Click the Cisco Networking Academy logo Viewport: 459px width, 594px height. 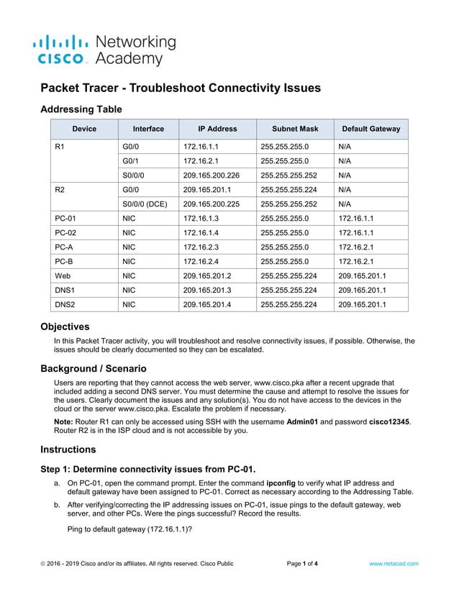(x=104, y=50)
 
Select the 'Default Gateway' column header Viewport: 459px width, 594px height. (x=371, y=129)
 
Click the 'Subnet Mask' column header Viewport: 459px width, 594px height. (x=295, y=129)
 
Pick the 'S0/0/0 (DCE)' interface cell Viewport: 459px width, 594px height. (x=145, y=204)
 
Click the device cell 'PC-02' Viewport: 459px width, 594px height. (x=65, y=232)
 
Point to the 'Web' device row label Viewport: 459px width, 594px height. (x=63, y=275)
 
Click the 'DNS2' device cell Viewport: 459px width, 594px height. (x=65, y=304)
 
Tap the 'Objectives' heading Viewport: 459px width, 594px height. (x=65, y=326)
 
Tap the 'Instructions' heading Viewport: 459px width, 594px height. (x=68, y=449)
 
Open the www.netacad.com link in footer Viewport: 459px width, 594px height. (x=394, y=564)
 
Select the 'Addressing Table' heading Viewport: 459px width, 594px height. (x=81, y=109)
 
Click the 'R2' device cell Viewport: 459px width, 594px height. (x=60, y=189)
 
